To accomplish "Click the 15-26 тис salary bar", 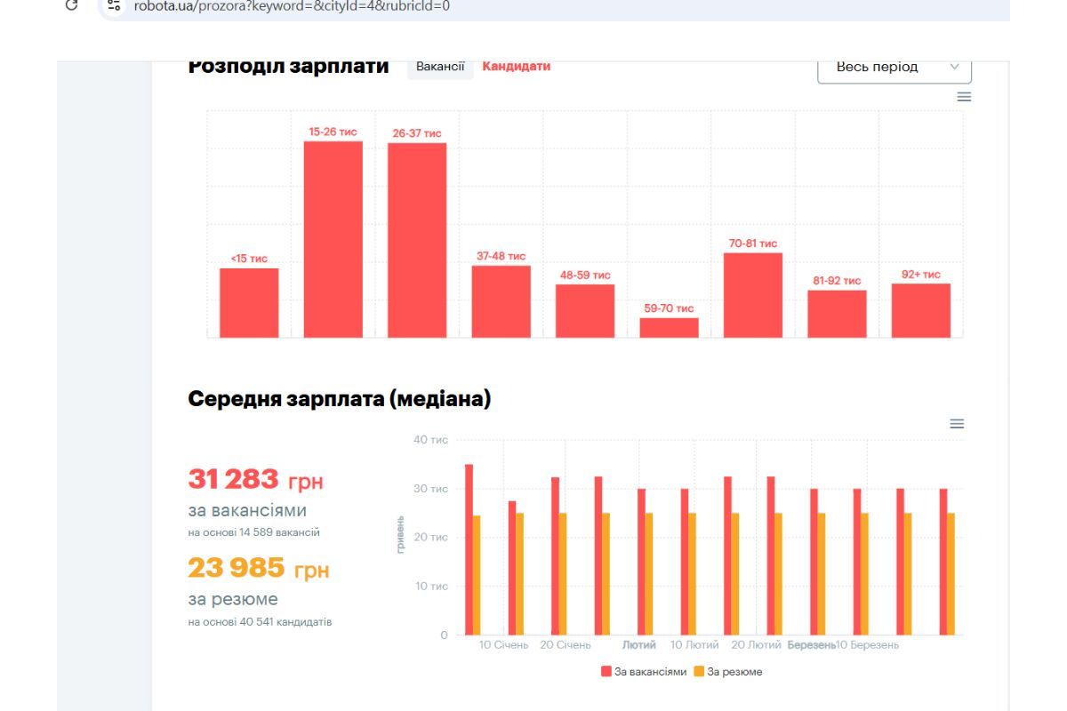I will click(x=333, y=239).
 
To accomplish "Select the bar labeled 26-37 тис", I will click(x=417, y=240).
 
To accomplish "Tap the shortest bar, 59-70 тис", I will click(x=669, y=327).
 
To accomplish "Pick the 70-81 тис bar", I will click(x=752, y=295).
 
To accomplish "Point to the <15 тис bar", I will click(x=249, y=302).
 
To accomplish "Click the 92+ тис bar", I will click(x=920, y=310).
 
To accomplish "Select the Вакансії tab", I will click(x=440, y=66).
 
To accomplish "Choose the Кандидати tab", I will click(x=516, y=66).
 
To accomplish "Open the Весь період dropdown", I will click(x=894, y=67).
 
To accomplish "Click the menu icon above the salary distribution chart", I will click(x=964, y=97).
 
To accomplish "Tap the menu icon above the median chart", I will click(x=957, y=424).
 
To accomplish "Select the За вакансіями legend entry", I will click(x=644, y=672).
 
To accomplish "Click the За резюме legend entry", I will click(x=728, y=672).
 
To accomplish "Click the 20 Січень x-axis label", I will click(x=566, y=645).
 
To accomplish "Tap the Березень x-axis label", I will click(x=810, y=645).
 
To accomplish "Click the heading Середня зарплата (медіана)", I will click(x=339, y=399).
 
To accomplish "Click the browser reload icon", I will click(x=71, y=5).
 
